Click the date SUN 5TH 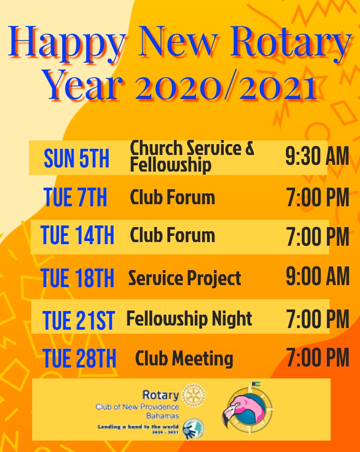click(77, 158)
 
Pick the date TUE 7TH click(76, 197)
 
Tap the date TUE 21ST click(78, 320)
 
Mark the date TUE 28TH click(79, 359)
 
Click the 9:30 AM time click(317, 157)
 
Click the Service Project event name click(184, 278)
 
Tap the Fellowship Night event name click(189, 318)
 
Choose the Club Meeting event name click(184, 358)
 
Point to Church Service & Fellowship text click(192, 156)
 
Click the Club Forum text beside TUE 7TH click(172, 197)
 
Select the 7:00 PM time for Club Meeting click(318, 358)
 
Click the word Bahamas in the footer click(162, 416)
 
